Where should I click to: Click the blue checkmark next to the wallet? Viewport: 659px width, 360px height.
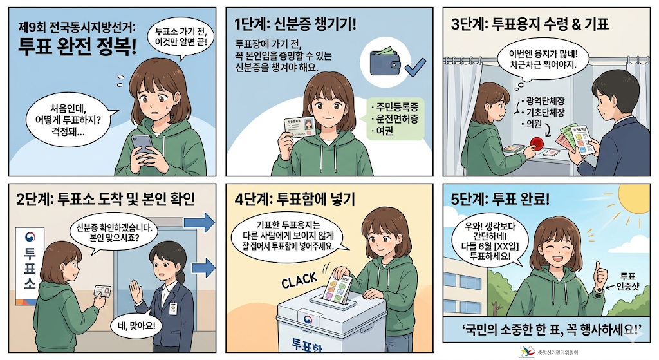point(414,67)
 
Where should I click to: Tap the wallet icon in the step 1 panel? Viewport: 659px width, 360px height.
point(385,61)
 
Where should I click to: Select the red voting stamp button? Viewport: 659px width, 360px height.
point(537,143)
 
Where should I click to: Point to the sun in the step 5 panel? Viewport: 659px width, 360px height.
point(635,198)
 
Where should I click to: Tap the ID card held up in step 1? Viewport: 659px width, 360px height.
point(299,127)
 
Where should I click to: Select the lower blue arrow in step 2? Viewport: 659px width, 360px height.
point(203,268)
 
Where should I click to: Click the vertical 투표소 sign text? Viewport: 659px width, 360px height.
point(30,269)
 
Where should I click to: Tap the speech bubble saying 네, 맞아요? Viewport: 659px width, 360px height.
point(136,325)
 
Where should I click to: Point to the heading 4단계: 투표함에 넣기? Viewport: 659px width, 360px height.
point(295,198)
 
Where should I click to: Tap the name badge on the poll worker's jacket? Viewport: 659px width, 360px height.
point(172,309)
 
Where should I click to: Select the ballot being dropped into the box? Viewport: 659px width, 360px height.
point(337,289)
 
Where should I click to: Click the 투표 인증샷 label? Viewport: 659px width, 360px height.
point(627,281)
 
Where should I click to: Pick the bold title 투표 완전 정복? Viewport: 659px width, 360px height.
point(77,46)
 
